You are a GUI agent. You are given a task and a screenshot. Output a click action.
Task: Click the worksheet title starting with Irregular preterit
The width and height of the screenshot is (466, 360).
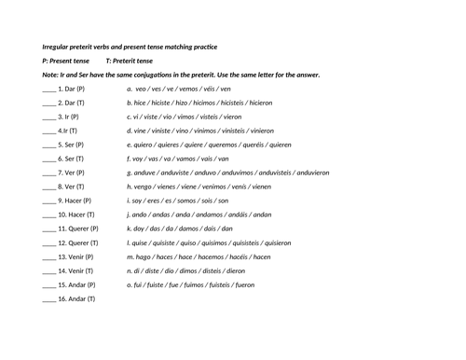pos(130,47)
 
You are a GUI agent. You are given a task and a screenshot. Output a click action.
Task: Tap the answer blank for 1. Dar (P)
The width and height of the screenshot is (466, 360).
pos(48,90)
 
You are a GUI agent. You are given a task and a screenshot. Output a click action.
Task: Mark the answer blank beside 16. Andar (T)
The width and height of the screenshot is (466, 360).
pos(48,299)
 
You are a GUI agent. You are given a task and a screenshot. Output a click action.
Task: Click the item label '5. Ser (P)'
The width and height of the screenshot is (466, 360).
pos(71,145)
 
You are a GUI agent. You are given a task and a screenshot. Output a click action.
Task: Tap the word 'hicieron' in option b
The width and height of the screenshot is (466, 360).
pos(261,104)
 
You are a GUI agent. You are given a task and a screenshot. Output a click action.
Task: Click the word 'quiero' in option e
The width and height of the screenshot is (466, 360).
pos(145,145)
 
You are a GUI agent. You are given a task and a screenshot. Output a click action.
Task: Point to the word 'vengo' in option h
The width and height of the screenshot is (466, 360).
pos(145,187)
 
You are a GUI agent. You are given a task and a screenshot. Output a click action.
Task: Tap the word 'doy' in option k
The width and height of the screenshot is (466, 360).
pos(142,228)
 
